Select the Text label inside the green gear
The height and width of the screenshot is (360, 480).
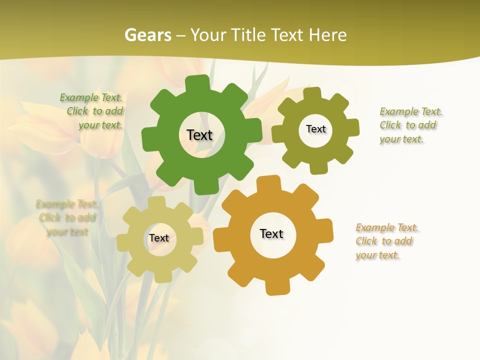pos(199,135)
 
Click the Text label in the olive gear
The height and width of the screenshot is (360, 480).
pos(315,129)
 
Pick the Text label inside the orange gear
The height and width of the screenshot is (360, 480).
pos(271,233)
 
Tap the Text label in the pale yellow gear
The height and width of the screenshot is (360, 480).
pos(159,238)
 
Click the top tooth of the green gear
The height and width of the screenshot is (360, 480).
pos(200,83)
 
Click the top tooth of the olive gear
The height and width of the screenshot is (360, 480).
pos(312,94)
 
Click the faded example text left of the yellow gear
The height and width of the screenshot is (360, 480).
pos(67,217)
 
